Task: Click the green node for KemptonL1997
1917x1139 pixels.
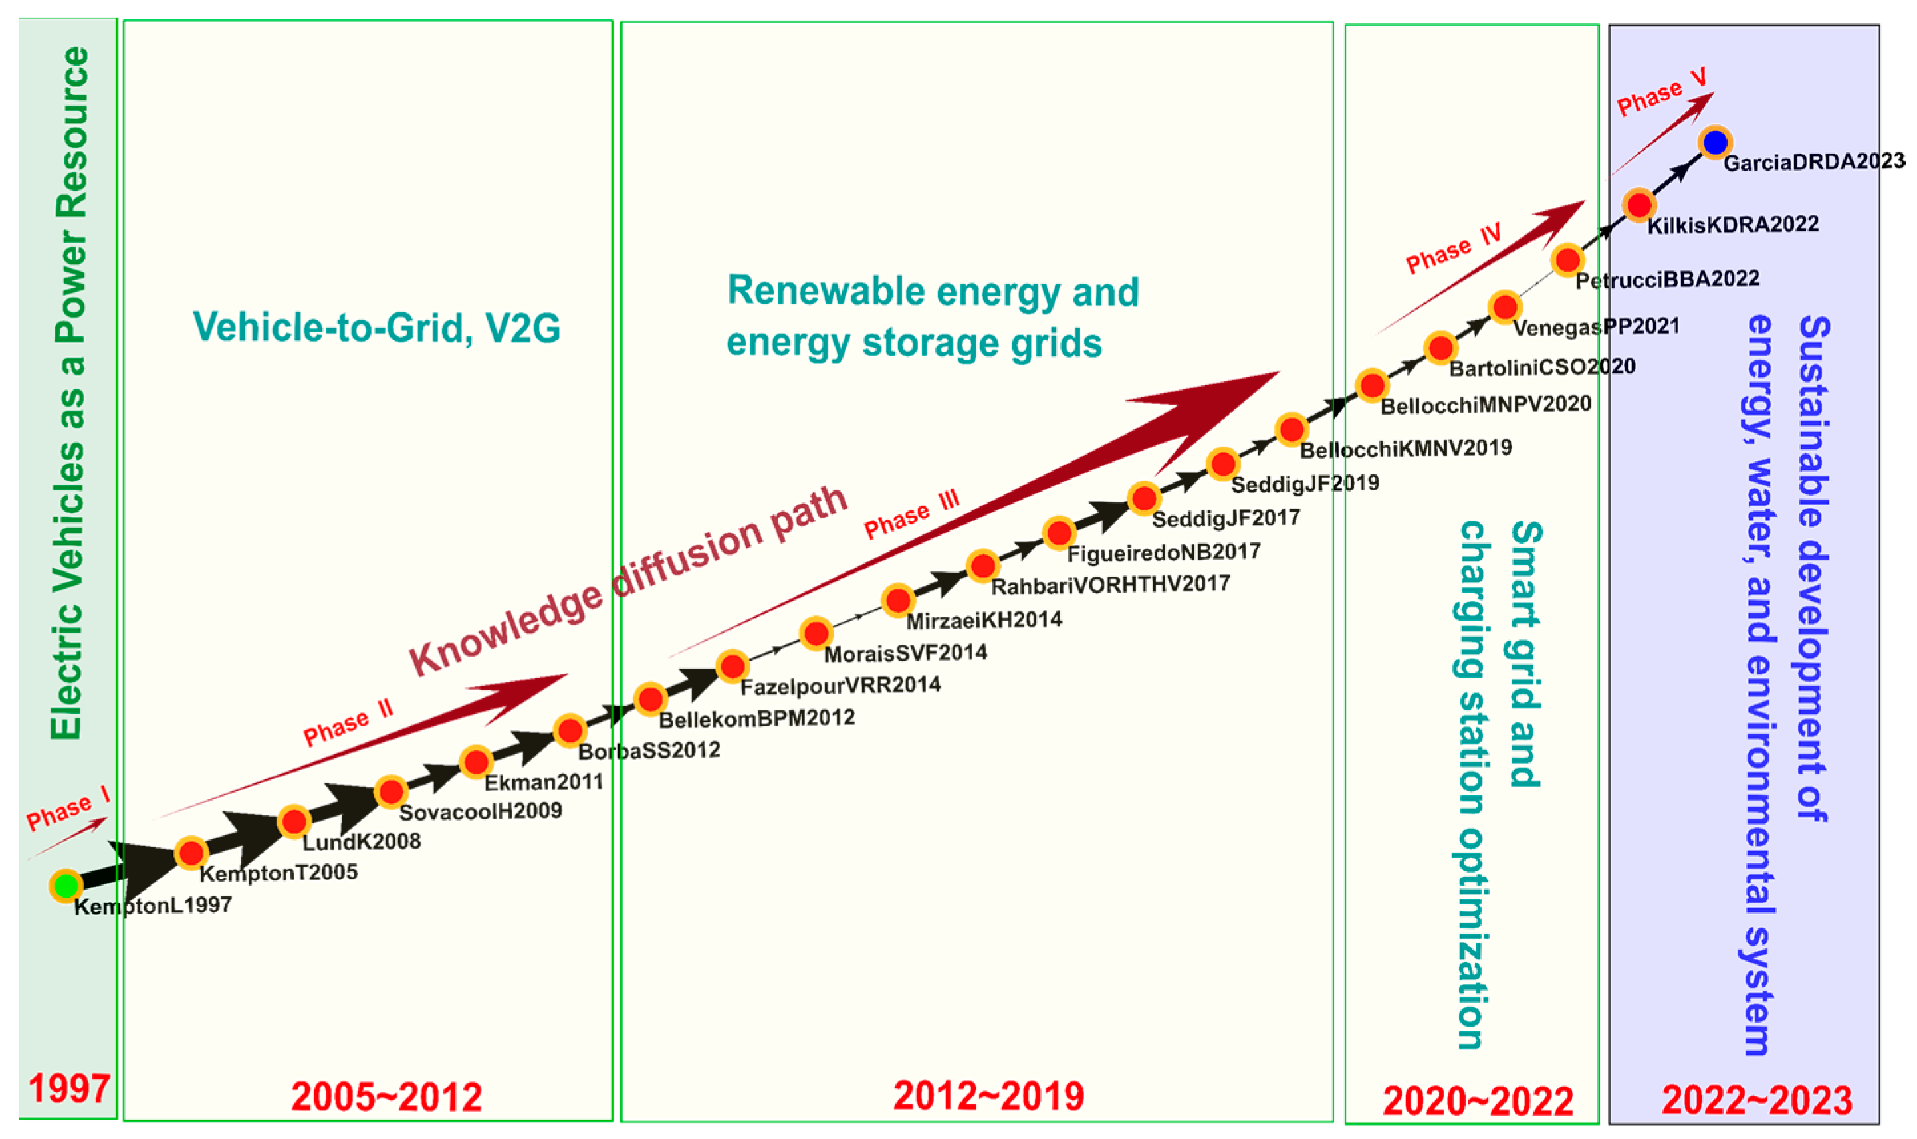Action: coord(66,886)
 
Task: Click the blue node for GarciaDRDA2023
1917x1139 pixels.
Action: coord(1715,142)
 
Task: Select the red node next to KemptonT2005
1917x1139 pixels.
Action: coord(191,852)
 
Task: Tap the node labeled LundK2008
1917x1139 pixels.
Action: coord(294,822)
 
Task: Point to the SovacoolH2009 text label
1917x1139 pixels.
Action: coord(481,811)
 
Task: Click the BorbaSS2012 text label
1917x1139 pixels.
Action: coord(649,751)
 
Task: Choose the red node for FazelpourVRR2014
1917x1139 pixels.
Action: coord(733,667)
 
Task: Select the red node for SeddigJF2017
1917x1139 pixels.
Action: coord(1144,498)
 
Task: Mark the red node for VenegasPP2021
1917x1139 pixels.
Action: coord(1505,307)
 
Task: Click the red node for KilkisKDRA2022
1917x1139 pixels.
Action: coord(1639,205)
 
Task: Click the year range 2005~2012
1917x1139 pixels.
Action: coord(386,1096)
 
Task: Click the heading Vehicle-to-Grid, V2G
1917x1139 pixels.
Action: coord(376,328)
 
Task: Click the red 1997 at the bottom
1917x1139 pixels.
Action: coord(69,1088)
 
